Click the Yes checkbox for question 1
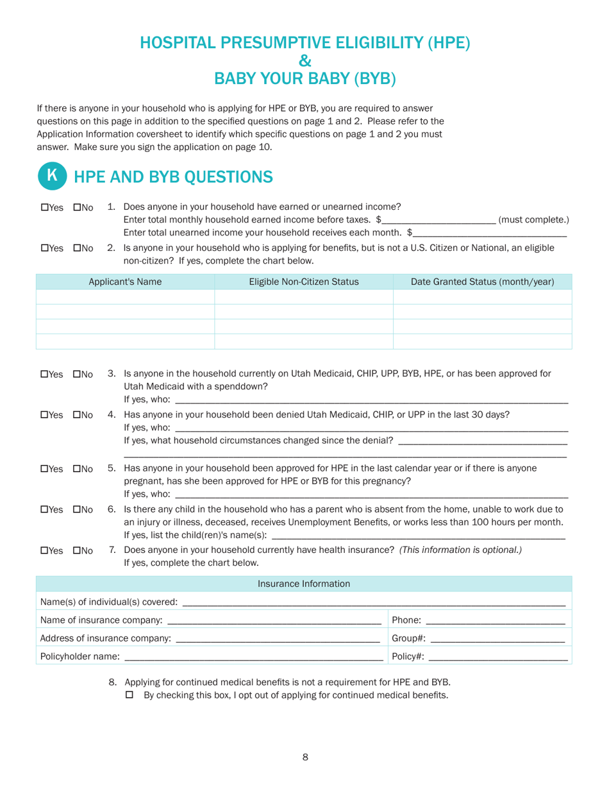(x=44, y=207)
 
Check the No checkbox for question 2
(x=78, y=248)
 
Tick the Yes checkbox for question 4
(x=44, y=415)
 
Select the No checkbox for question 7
(x=78, y=551)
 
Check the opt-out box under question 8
(x=129, y=695)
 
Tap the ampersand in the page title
(x=304, y=61)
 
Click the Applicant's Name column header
(x=125, y=282)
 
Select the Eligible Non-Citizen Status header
(x=303, y=282)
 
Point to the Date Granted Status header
(x=482, y=282)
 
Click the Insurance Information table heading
(x=304, y=584)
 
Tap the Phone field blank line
(x=495, y=622)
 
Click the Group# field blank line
(x=497, y=640)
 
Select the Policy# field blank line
(x=497, y=657)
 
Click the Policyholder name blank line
(x=253, y=657)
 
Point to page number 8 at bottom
(x=305, y=758)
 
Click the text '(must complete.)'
(x=533, y=220)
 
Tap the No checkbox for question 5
(x=78, y=469)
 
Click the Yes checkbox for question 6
(x=44, y=510)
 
